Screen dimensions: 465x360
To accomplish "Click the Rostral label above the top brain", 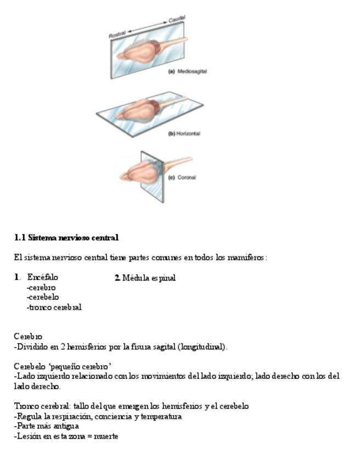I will tap(118, 35).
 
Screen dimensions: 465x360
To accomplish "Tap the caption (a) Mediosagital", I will tap(187, 71).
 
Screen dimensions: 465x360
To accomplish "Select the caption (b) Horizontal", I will tap(184, 134).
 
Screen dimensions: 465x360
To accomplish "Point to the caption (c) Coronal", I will tap(182, 177).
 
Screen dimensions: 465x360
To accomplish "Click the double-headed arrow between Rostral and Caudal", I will tap(148, 27).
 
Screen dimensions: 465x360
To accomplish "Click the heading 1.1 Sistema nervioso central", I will tap(66, 238).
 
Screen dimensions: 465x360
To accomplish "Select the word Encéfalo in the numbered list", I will tap(42, 277).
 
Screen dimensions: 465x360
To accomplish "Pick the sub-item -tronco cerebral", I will tap(54, 307).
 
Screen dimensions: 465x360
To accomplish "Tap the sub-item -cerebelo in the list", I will tap(43, 297).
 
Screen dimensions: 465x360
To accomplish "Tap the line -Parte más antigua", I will tap(47, 427).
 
